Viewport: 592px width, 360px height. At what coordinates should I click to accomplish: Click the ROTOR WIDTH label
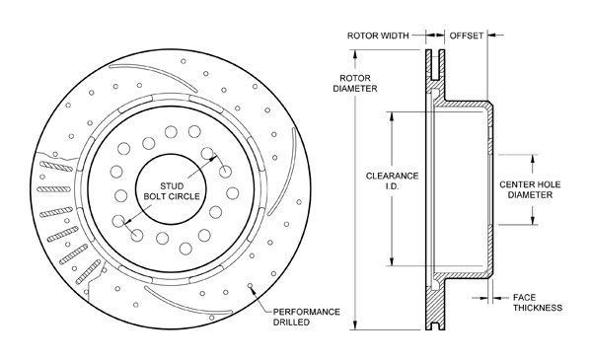click(378, 36)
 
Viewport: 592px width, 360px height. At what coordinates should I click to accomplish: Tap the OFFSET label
click(467, 36)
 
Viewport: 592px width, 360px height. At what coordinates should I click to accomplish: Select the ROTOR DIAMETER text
click(355, 84)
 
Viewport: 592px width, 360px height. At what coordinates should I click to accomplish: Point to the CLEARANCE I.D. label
click(392, 180)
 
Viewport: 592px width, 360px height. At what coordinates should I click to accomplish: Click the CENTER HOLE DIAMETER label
click(530, 189)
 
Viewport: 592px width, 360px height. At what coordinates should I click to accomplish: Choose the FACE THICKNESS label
click(538, 302)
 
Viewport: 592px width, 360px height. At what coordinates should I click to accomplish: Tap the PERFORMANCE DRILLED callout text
click(306, 317)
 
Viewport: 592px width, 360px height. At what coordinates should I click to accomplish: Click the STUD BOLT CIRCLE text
click(172, 191)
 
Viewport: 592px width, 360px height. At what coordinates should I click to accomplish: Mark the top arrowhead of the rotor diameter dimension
click(355, 54)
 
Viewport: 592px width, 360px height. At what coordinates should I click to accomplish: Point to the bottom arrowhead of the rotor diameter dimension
click(355, 325)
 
